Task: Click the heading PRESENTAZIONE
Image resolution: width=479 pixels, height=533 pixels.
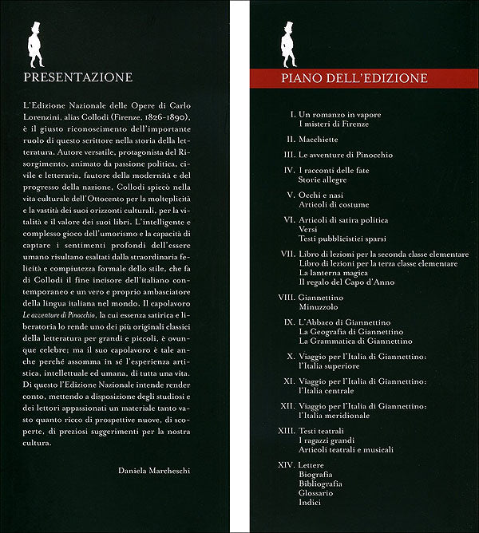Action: [78, 77]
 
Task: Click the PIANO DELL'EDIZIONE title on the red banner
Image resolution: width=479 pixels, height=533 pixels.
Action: [354, 78]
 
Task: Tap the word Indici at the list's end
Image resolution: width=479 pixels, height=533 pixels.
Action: [311, 502]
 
